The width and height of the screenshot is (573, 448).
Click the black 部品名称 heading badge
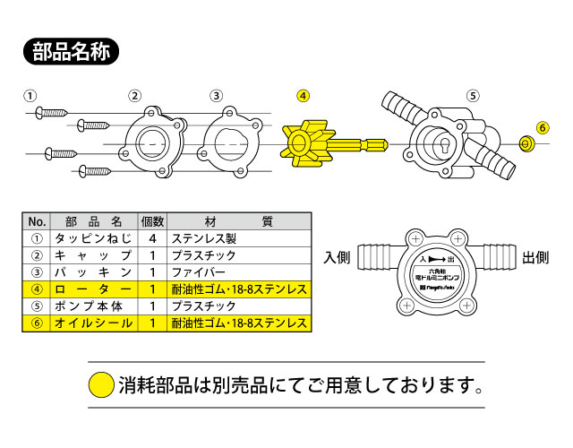click(x=72, y=51)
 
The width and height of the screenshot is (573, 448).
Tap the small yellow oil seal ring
click(x=527, y=143)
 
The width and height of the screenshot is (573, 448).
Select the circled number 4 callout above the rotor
click(x=304, y=96)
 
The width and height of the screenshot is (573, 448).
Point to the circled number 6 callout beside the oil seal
click(x=542, y=126)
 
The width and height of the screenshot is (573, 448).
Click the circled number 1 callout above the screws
click(x=30, y=96)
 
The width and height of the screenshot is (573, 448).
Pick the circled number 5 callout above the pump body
click(x=474, y=96)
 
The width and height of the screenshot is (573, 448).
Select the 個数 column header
click(x=153, y=221)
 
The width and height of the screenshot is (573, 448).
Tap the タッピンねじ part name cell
click(x=93, y=238)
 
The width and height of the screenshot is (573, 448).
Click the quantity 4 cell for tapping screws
click(x=153, y=238)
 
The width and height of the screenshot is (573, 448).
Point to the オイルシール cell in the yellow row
click(x=93, y=323)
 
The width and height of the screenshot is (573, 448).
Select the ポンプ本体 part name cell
click(x=93, y=306)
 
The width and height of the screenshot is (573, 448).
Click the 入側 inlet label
click(x=337, y=258)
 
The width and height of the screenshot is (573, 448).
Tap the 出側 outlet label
click(x=535, y=258)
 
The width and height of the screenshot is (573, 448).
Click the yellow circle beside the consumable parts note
click(x=101, y=386)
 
